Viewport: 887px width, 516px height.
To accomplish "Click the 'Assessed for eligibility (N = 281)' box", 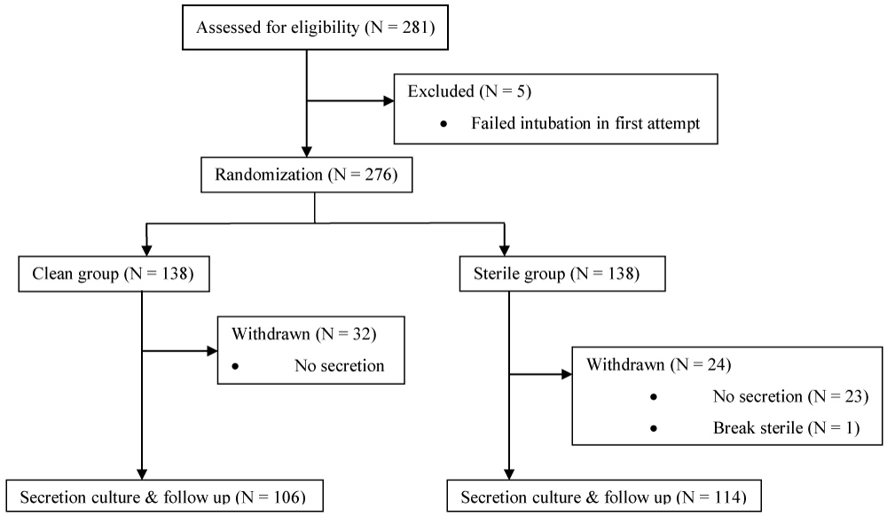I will click(x=317, y=27).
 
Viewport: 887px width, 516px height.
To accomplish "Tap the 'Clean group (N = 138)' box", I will click(x=112, y=275).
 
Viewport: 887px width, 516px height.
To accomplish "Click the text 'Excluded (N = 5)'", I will click(x=457, y=91).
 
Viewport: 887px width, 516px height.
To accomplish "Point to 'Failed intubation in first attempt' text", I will click(x=585, y=123).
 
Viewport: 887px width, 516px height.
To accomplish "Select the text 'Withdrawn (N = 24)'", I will click(x=650, y=364).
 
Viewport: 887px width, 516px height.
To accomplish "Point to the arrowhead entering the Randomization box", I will click(x=306, y=152).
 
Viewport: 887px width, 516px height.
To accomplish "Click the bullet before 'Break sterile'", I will click(x=654, y=428).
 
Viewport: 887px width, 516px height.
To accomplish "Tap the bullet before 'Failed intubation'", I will click(x=443, y=124).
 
